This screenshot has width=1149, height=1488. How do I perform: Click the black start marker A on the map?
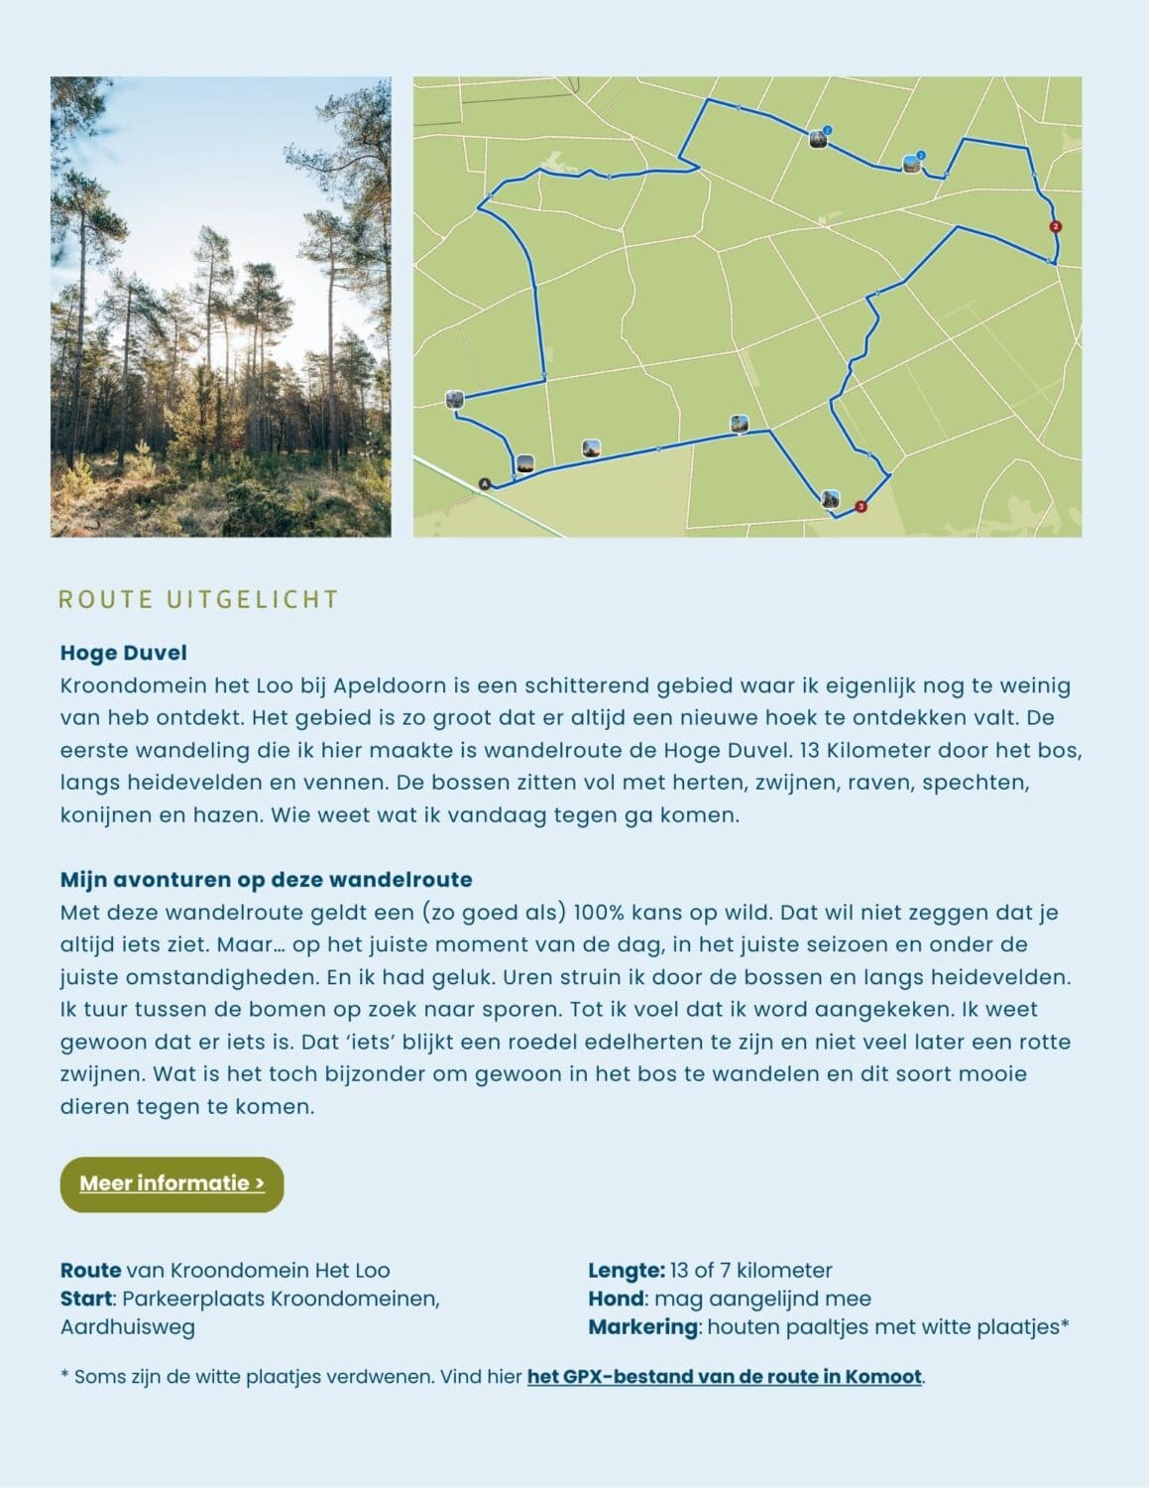pyautogui.click(x=485, y=484)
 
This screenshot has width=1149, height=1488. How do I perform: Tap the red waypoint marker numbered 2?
pyautogui.click(x=1055, y=227)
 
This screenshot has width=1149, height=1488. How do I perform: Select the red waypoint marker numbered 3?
pyautogui.click(x=861, y=507)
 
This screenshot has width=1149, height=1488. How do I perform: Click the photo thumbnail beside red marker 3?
pyautogui.click(x=831, y=498)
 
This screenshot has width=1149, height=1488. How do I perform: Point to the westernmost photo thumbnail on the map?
pyautogui.click(x=454, y=400)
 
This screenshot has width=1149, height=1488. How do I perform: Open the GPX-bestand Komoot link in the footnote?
pyautogui.click(x=725, y=1377)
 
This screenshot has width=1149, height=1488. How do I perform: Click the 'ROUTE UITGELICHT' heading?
pyautogui.click(x=199, y=599)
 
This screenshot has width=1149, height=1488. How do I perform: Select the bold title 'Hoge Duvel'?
pyautogui.click(x=124, y=653)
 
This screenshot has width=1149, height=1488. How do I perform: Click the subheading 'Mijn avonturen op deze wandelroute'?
pyautogui.click(x=266, y=879)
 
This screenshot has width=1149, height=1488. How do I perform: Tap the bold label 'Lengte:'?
pyautogui.click(x=626, y=1270)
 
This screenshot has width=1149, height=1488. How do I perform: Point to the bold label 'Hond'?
pyautogui.click(x=616, y=1299)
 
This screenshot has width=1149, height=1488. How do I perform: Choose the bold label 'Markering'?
pyautogui.click(x=642, y=1327)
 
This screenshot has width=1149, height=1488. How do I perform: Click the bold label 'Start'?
pyautogui.click(x=85, y=1299)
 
